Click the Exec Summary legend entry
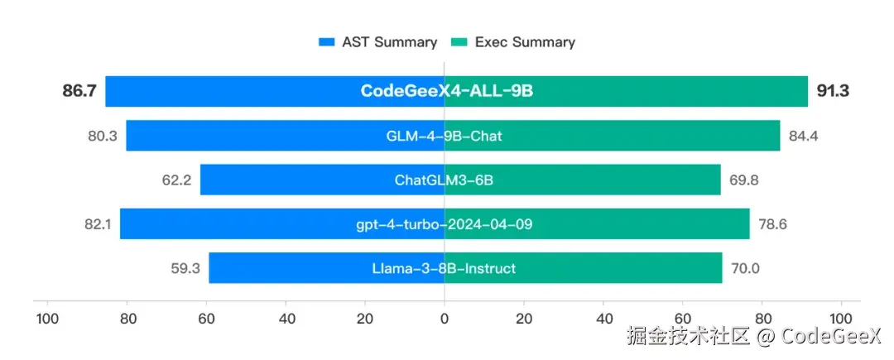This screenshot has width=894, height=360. tap(512, 42)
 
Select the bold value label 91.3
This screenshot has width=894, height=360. tap(833, 91)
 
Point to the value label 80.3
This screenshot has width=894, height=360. tap(103, 136)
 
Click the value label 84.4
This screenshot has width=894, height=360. tap(803, 136)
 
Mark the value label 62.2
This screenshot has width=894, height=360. tap(177, 180)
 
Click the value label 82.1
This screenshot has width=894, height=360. tap(97, 223)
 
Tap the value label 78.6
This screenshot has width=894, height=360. tap(773, 223)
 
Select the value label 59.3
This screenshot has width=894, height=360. tap(185, 268)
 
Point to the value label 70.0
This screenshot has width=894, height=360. tap(744, 268)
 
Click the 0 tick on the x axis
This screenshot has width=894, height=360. tap(445, 319)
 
